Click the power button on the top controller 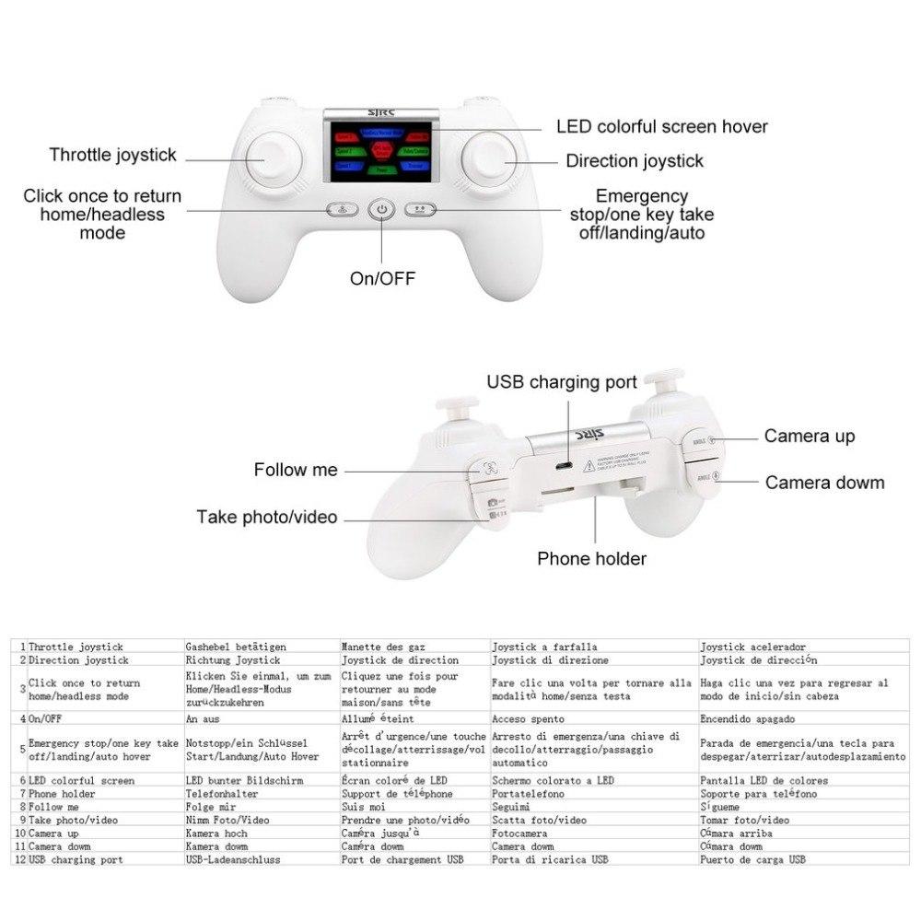point(382,211)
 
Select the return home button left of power point(340,209)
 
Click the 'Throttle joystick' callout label point(112,155)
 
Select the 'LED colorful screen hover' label point(661,127)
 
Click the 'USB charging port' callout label point(562,381)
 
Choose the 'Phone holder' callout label point(591,558)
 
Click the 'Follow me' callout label point(296,470)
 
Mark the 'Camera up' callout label point(809,437)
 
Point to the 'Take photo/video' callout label point(266,518)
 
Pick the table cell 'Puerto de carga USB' point(752,859)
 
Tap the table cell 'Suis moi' point(363,806)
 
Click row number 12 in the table point(19,859)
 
